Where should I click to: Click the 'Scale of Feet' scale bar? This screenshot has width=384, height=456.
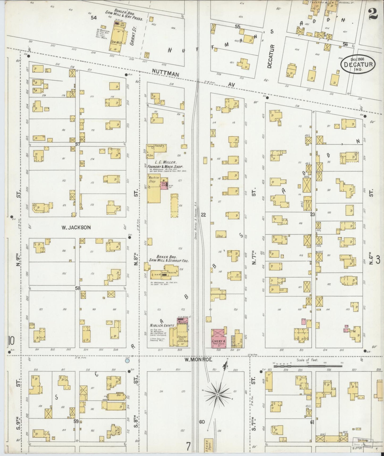[x=307, y=366]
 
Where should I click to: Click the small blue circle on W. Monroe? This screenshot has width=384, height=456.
[x=127, y=361]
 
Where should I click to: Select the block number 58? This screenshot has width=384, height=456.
[x=77, y=288]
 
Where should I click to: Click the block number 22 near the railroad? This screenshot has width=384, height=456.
[x=204, y=215]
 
